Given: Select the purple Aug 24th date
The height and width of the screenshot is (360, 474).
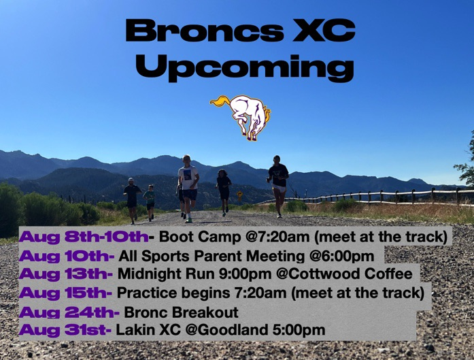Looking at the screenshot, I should click(69, 312).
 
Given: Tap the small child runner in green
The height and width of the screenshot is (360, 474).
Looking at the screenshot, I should click(150, 201).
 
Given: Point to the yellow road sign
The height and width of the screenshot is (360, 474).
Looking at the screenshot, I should click(240, 194).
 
